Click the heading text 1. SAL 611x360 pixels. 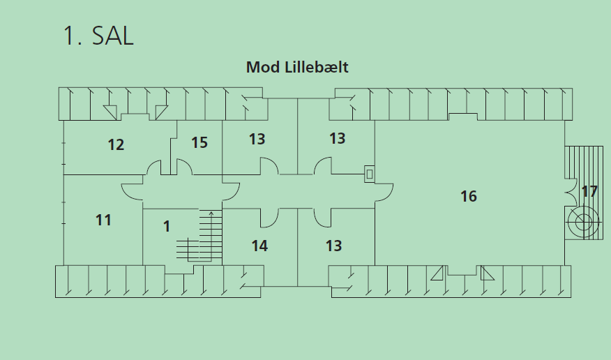pyautogui.click(x=98, y=36)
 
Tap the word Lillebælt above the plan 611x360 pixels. pyautogui.click(x=316, y=68)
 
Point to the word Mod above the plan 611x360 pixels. pyautogui.click(x=263, y=68)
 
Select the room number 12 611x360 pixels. pyautogui.click(x=116, y=145)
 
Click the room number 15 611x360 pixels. pyautogui.click(x=199, y=143)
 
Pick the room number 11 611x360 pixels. pyautogui.click(x=103, y=220)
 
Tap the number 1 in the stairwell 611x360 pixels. pyautogui.click(x=166, y=226)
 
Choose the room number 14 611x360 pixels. pyautogui.click(x=259, y=246)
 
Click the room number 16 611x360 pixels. pyautogui.click(x=469, y=197)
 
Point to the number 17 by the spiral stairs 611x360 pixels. pyautogui.click(x=589, y=191)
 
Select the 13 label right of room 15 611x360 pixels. pyautogui.click(x=257, y=140)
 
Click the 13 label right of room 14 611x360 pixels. pyautogui.click(x=333, y=246)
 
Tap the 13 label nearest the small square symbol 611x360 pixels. pyautogui.click(x=337, y=139)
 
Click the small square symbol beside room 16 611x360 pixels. pyautogui.click(x=370, y=174)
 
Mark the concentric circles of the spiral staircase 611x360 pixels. pyautogui.click(x=583, y=223)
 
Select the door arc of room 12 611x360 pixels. pyautogui.click(x=153, y=167)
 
